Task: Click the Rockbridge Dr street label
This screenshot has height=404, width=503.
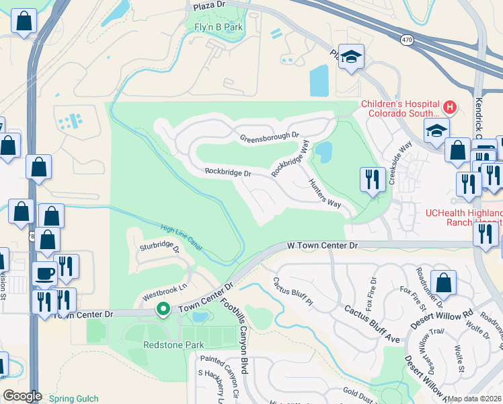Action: pos(228,173)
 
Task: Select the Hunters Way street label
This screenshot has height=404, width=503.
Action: pos(324,194)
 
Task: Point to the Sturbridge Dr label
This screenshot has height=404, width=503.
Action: pos(160,247)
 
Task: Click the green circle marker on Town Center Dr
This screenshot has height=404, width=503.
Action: pos(162,309)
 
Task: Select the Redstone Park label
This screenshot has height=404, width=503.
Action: pos(173,344)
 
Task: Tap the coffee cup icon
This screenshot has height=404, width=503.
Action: pos(46,274)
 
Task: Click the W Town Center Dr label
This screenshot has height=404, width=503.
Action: pos(322,246)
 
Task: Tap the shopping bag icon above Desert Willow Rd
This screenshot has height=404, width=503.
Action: pos(443,283)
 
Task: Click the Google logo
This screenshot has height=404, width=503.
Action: pos(22,396)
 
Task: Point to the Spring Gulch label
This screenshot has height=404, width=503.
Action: pos(73,399)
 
